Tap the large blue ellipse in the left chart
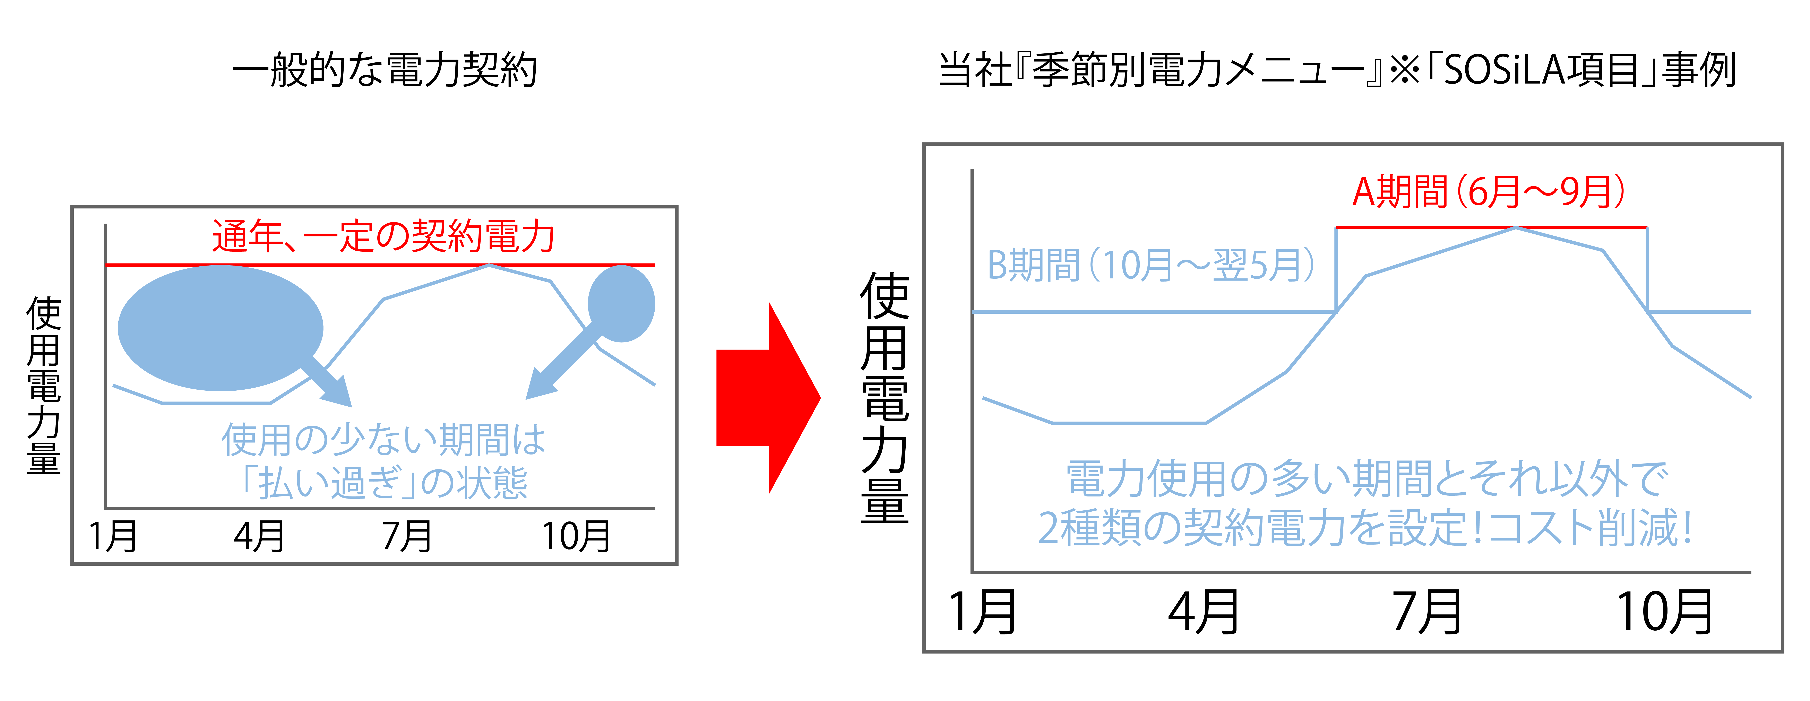pyautogui.click(x=220, y=327)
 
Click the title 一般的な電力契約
pyautogui.click(x=384, y=70)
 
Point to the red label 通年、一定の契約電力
pyautogui.click(x=384, y=236)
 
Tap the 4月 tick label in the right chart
pyautogui.click(x=1203, y=613)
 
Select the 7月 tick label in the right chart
pyautogui.click(x=1426, y=613)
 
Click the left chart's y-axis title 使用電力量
pyautogui.click(x=44, y=385)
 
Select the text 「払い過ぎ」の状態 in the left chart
pyautogui.click(x=384, y=483)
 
